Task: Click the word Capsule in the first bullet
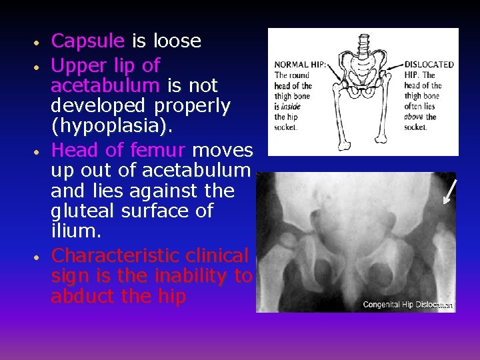(x=88, y=41)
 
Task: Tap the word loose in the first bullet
(x=177, y=41)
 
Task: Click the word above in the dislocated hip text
(x=415, y=117)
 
